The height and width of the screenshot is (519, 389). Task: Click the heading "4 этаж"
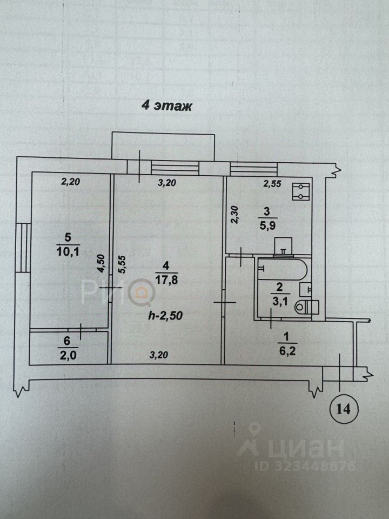click(x=167, y=105)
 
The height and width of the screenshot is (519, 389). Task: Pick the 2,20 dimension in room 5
click(x=70, y=182)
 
